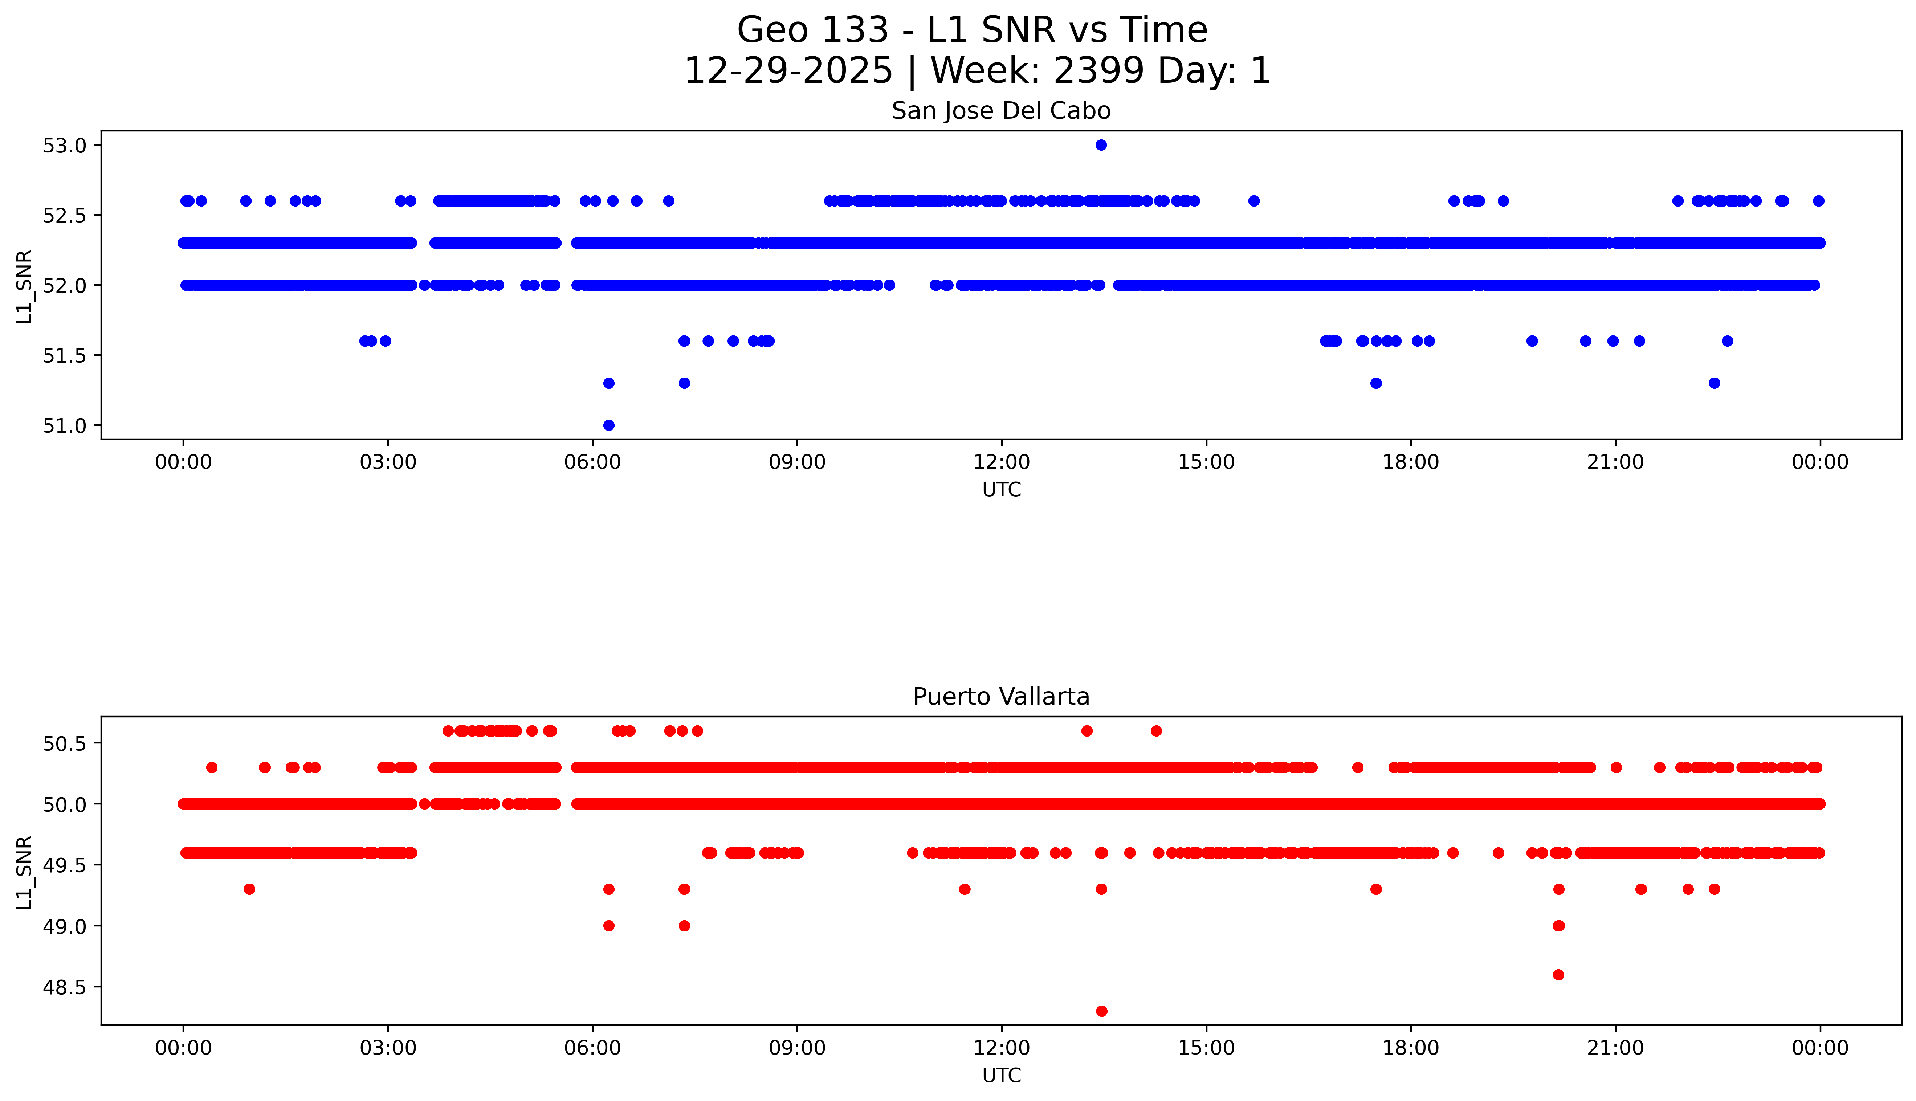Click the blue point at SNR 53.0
(x=1101, y=145)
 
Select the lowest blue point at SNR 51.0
(x=609, y=425)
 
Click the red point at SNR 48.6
(x=1558, y=975)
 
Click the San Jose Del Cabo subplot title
(x=1001, y=111)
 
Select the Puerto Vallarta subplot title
(x=1001, y=697)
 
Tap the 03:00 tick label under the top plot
(x=388, y=462)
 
